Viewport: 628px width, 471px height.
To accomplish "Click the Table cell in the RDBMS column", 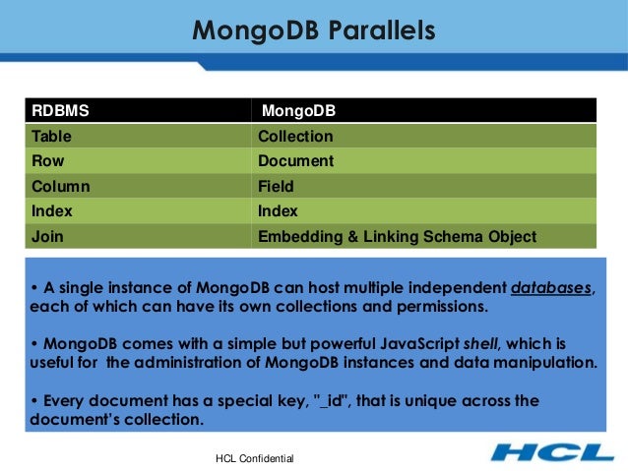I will tap(51, 136).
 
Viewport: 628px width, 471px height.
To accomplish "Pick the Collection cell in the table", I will tap(295, 136).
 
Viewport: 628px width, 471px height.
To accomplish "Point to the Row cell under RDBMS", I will tap(48, 160).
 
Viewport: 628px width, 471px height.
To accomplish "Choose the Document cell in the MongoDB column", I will tap(295, 160).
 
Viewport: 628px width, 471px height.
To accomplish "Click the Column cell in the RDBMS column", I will tap(60, 186).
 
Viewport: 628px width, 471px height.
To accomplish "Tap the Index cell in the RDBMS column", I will tap(52, 210).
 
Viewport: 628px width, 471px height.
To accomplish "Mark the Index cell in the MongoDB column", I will tap(278, 210).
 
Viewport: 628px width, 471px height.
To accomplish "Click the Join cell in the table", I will tap(47, 236).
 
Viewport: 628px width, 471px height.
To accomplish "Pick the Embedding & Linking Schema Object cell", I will tap(397, 236).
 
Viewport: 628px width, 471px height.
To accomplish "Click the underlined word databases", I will tap(553, 288).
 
